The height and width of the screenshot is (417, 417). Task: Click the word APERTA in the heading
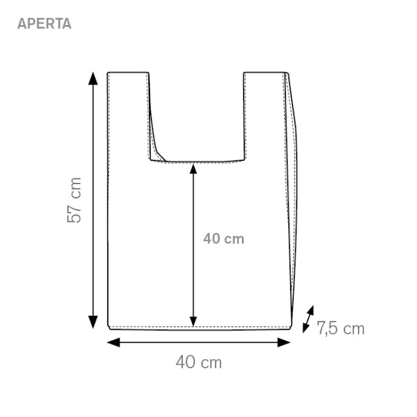click(x=44, y=24)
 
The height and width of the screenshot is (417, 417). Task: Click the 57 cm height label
click(x=74, y=200)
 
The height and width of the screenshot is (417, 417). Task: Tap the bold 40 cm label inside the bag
click(x=224, y=239)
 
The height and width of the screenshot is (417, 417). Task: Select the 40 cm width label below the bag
click(x=199, y=362)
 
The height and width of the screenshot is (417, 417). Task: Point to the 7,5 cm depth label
click(x=341, y=328)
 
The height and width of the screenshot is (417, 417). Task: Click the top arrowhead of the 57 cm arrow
click(x=93, y=78)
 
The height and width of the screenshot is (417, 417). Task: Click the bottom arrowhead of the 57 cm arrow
click(x=93, y=322)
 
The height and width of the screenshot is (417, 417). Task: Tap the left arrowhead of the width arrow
click(x=114, y=343)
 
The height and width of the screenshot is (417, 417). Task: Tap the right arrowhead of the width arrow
click(x=284, y=343)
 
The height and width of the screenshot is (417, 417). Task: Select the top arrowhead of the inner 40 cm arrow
click(x=193, y=169)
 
